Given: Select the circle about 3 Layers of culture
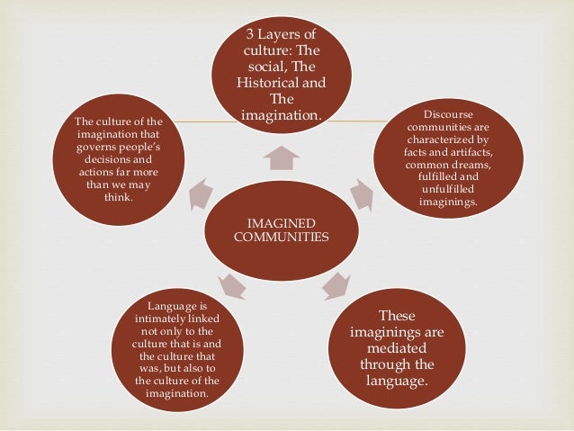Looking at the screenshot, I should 281,76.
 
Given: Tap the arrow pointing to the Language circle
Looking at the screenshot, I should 231,287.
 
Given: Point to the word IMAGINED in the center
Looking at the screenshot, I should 281,221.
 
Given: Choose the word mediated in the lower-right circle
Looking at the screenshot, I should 396,348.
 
